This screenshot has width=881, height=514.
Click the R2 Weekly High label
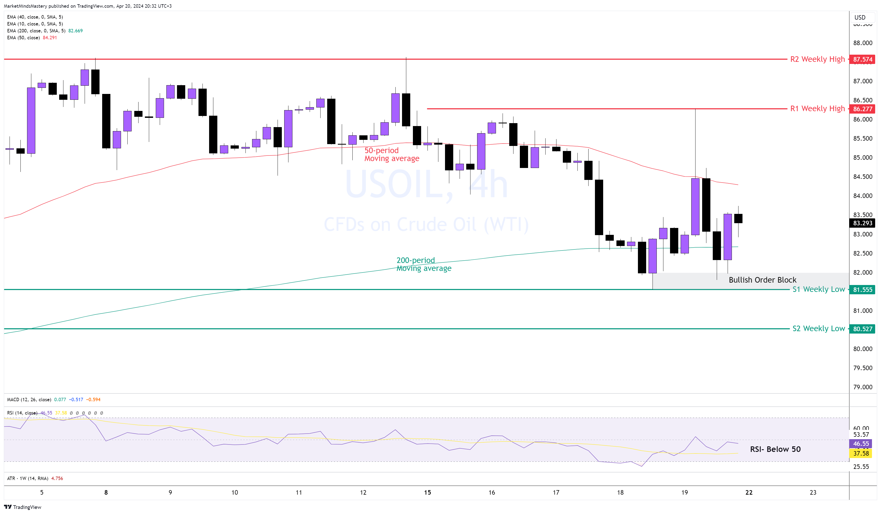[x=817, y=59]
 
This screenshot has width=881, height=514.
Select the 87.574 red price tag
[x=862, y=59]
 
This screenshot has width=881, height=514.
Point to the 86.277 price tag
[x=862, y=109]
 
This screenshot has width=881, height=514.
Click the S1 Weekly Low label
[x=818, y=289]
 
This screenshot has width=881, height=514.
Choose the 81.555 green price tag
[x=862, y=290]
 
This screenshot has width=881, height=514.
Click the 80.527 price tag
[x=862, y=329]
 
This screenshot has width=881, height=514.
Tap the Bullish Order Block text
[x=762, y=280]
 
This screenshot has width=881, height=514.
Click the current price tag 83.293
[x=862, y=223]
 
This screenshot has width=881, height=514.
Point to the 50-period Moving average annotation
[x=392, y=154]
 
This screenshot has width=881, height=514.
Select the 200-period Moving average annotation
[x=424, y=264]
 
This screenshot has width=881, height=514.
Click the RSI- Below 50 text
[x=775, y=449]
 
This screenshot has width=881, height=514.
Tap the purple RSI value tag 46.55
[x=861, y=444]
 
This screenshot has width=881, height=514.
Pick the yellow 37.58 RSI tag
[x=861, y=453]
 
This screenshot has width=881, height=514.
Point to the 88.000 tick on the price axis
[x=862, y=43]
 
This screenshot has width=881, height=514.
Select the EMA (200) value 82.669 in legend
[x=76, y=31]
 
